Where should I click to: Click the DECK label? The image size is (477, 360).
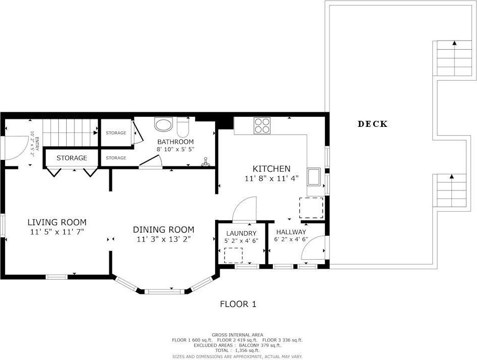[373, 124]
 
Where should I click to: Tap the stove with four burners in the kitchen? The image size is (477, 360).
[262, 125]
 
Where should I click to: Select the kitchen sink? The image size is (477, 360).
[313, 176]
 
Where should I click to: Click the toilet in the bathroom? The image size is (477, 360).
[183, 127]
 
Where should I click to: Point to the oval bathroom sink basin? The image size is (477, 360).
[164, 124]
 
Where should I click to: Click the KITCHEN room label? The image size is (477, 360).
[272, 168]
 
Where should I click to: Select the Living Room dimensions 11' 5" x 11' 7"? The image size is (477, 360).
[57, 232]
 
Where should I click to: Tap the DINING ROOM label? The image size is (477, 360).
[164, 230]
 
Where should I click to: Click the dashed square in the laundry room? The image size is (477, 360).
[233, 255]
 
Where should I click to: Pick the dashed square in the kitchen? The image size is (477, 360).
[311, 208]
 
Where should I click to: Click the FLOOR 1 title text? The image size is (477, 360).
[238, 304]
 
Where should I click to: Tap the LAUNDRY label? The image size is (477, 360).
[241, 233]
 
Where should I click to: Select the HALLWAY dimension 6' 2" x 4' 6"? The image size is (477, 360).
[291, 239]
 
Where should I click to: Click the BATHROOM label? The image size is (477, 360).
[176, 142]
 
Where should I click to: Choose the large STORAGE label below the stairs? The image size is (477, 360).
[72, 158]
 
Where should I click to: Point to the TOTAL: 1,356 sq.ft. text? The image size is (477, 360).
[237, 350]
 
